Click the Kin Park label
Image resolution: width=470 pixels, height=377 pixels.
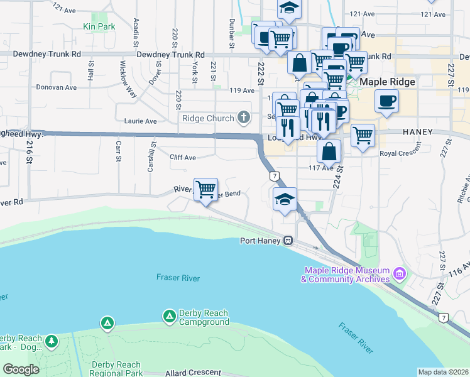(99, 27)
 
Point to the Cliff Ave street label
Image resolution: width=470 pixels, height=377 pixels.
(183, 157)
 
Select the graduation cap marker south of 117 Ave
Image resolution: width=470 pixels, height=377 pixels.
(285, 199)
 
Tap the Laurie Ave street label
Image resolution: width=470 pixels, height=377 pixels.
(140, 121)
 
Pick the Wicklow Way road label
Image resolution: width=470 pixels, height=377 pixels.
(128, 79)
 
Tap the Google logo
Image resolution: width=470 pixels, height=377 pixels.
(21, 369)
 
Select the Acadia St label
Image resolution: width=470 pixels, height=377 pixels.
(136, 33)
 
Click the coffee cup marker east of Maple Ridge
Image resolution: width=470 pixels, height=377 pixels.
(386, 101)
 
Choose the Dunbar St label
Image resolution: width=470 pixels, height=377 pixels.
(232, 33)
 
